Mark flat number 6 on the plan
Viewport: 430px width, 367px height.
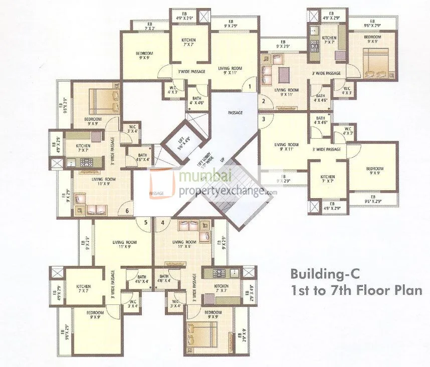[127, 211]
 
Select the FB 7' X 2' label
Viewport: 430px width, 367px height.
[150, 26]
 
